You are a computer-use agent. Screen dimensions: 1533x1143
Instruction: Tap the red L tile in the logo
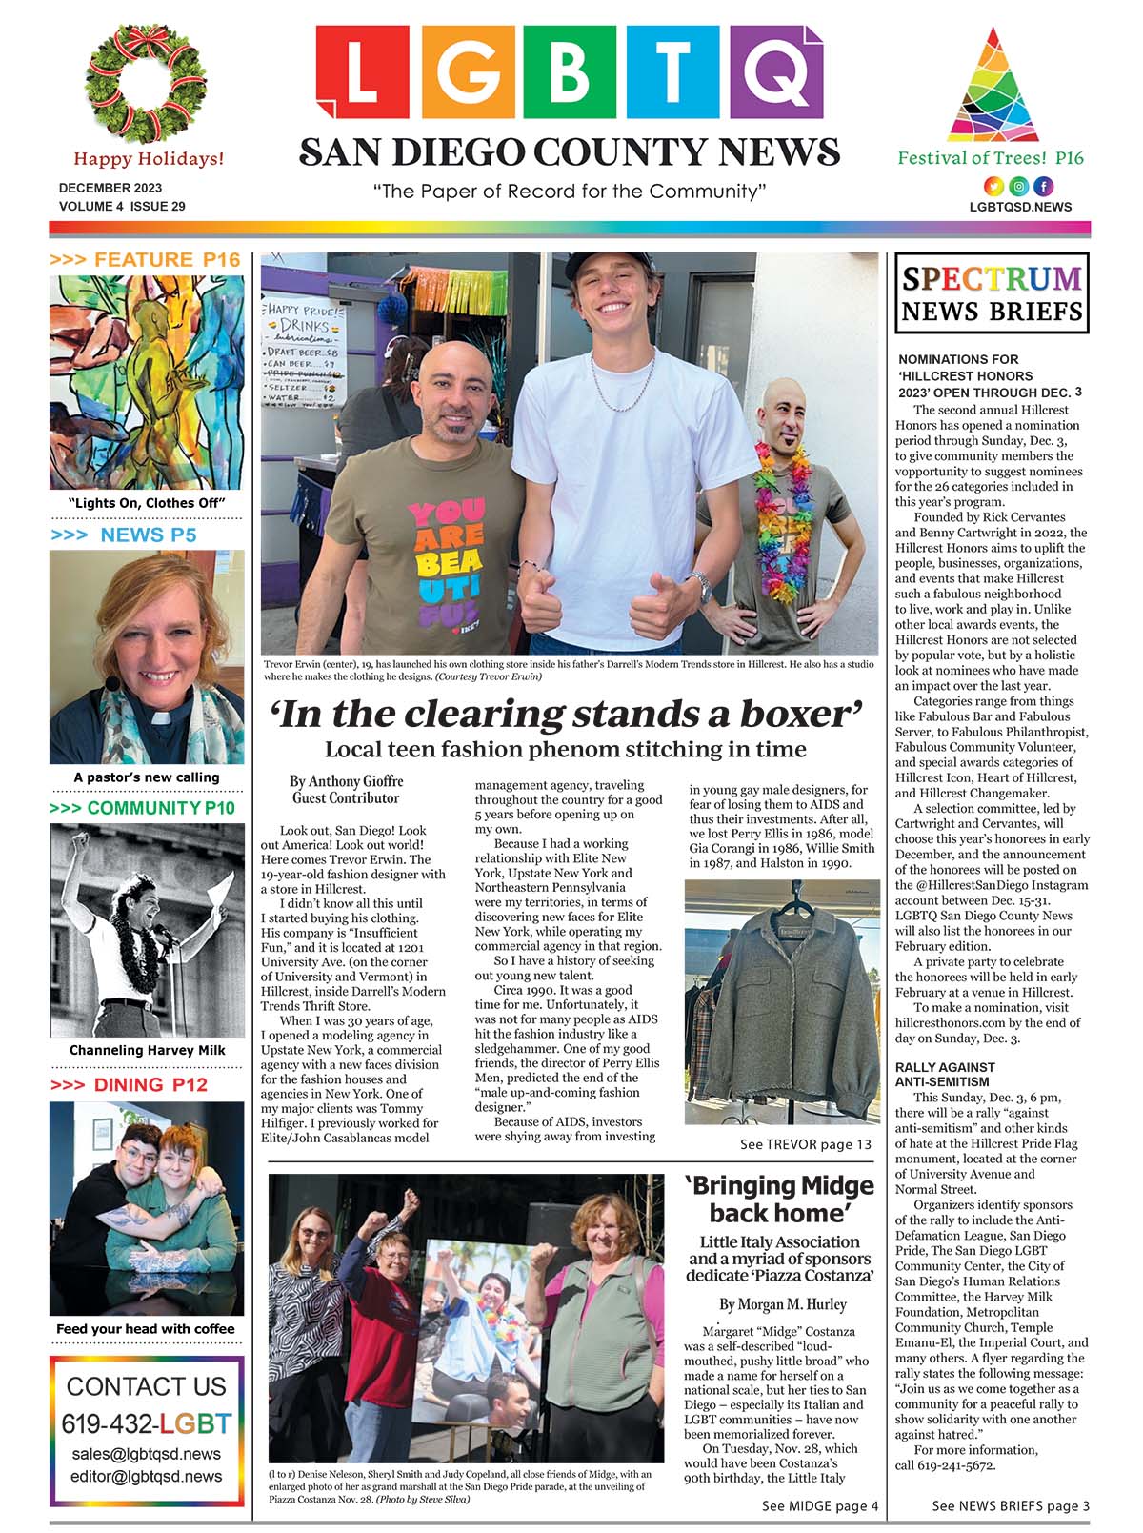362,72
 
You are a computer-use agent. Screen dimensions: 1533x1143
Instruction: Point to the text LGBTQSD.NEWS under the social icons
1020,207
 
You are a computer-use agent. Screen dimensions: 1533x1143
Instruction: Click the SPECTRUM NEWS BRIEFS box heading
992,293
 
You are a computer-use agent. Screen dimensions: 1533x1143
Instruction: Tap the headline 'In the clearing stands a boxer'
568,715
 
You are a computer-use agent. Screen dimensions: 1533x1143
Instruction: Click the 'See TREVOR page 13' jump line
805,1144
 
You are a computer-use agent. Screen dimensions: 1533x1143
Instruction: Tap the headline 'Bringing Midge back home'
778,1199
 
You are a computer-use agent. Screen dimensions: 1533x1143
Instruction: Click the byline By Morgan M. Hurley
783,1304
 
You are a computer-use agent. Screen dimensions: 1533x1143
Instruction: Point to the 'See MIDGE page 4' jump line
819,1506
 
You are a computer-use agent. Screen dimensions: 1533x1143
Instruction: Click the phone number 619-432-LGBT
147,1423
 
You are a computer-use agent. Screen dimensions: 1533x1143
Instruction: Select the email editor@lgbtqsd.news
147,1476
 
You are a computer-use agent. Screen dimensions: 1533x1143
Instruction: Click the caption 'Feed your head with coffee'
145,1329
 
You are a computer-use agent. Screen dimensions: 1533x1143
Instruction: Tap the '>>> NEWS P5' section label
124,535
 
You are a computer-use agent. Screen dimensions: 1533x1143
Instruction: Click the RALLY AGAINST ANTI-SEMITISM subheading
945,1075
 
